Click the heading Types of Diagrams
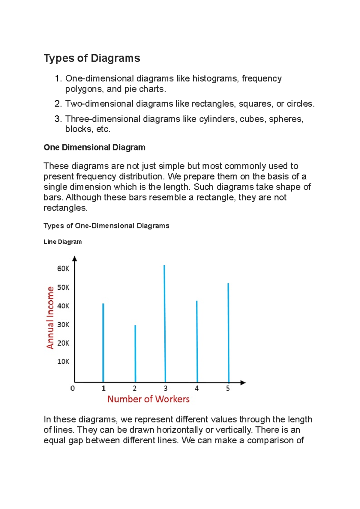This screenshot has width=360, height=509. (x=92, y=58)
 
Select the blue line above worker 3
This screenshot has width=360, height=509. (x=165, y=324)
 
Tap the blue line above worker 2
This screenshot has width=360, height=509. (x=135, y=354)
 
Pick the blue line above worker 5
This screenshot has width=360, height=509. (x=228, y=333)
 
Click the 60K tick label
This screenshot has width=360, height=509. (x=63, y=269)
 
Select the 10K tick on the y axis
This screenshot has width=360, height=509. (x=63, y=362)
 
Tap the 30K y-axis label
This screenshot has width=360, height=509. (x=63, y=325)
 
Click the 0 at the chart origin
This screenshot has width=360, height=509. (x=72, y=388)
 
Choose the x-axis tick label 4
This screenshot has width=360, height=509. (x=197, y=388)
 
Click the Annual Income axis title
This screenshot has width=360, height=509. (x=50, y=318)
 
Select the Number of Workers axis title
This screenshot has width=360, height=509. (x=148, y=399)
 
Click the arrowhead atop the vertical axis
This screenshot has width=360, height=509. (x=75, y=259)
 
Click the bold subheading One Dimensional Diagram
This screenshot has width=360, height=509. (x=94, y=147)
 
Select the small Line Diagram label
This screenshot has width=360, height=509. (x=62, y=242)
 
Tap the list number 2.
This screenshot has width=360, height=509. (x=58, y=104)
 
